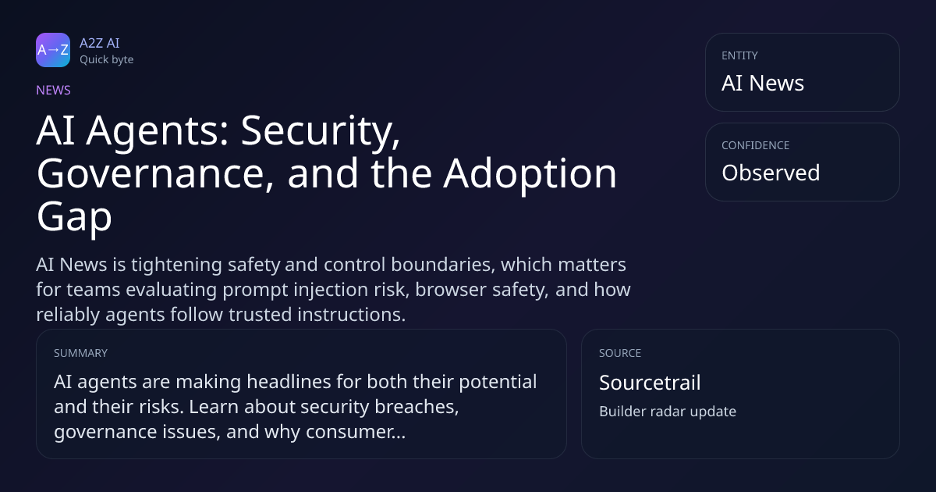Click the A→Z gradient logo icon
coord(53,50)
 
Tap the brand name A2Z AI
coord(100,43)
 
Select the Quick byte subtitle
coord(107,60)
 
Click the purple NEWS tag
coord(53,90)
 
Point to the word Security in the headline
coord(320,131)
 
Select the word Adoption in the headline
coord(530,174)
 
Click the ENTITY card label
coord(739,55)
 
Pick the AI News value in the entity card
coord(763,83)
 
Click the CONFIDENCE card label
coord(756,145)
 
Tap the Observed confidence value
coord(771,173)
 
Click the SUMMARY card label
coord(80,353)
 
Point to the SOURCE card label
coord(620,353)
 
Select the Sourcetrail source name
coord(650,383)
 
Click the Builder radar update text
coord(668,412)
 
